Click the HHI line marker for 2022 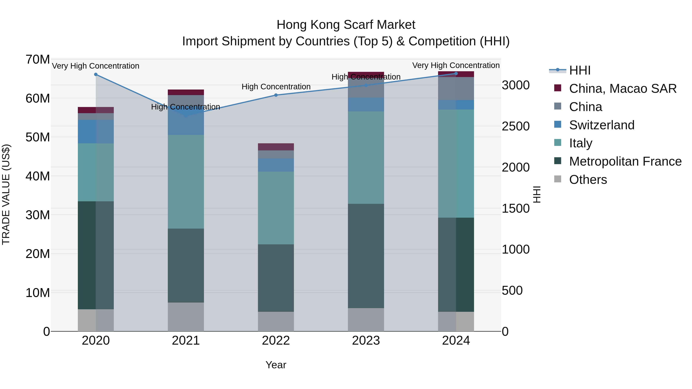(x=276, y=95)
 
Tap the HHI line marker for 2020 (x=96, y=74)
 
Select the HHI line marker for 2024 (x=456, y=73)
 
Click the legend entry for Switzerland (x=601, y=125)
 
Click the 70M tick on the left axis (x=38, y=59)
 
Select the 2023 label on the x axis (x=366, y=341)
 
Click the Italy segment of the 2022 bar (x=276, y=208)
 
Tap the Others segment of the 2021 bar (x=186, y=317)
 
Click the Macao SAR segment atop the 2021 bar (x=186, y=92)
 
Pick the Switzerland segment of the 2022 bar (x=276, y=165)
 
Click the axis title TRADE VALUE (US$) (x=6, y=194)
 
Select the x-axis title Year (x=276, y=365)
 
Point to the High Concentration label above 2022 (x=276, y=87)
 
